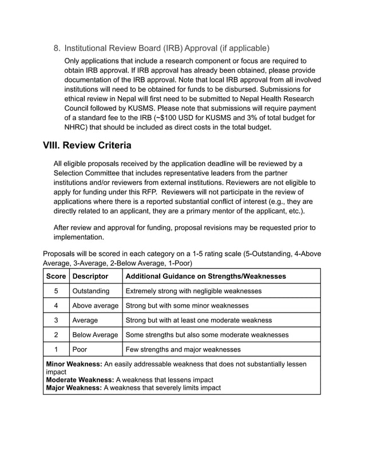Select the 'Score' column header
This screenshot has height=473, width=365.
click(x=56, y=276)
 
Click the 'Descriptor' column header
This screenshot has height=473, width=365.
click(x=90, y=276)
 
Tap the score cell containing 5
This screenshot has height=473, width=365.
click(x=56, y=291)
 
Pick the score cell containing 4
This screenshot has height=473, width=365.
click(x=56, y=306)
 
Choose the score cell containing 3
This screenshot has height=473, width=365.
click(x=56, y=320)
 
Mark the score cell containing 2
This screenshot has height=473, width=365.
click(x=56, y=335)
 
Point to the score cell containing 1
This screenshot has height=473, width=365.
click(x=56, y=349)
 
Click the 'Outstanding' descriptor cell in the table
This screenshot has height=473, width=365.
click(x=90, y=291)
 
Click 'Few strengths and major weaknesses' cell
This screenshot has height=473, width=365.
click(x=183, y=349)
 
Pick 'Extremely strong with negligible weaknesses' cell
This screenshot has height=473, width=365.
click(x=193, y=291)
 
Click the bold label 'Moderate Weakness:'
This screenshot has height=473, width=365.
click(x=80, y=380)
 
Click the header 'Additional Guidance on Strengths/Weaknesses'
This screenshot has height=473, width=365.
click(x=205, y=276)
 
